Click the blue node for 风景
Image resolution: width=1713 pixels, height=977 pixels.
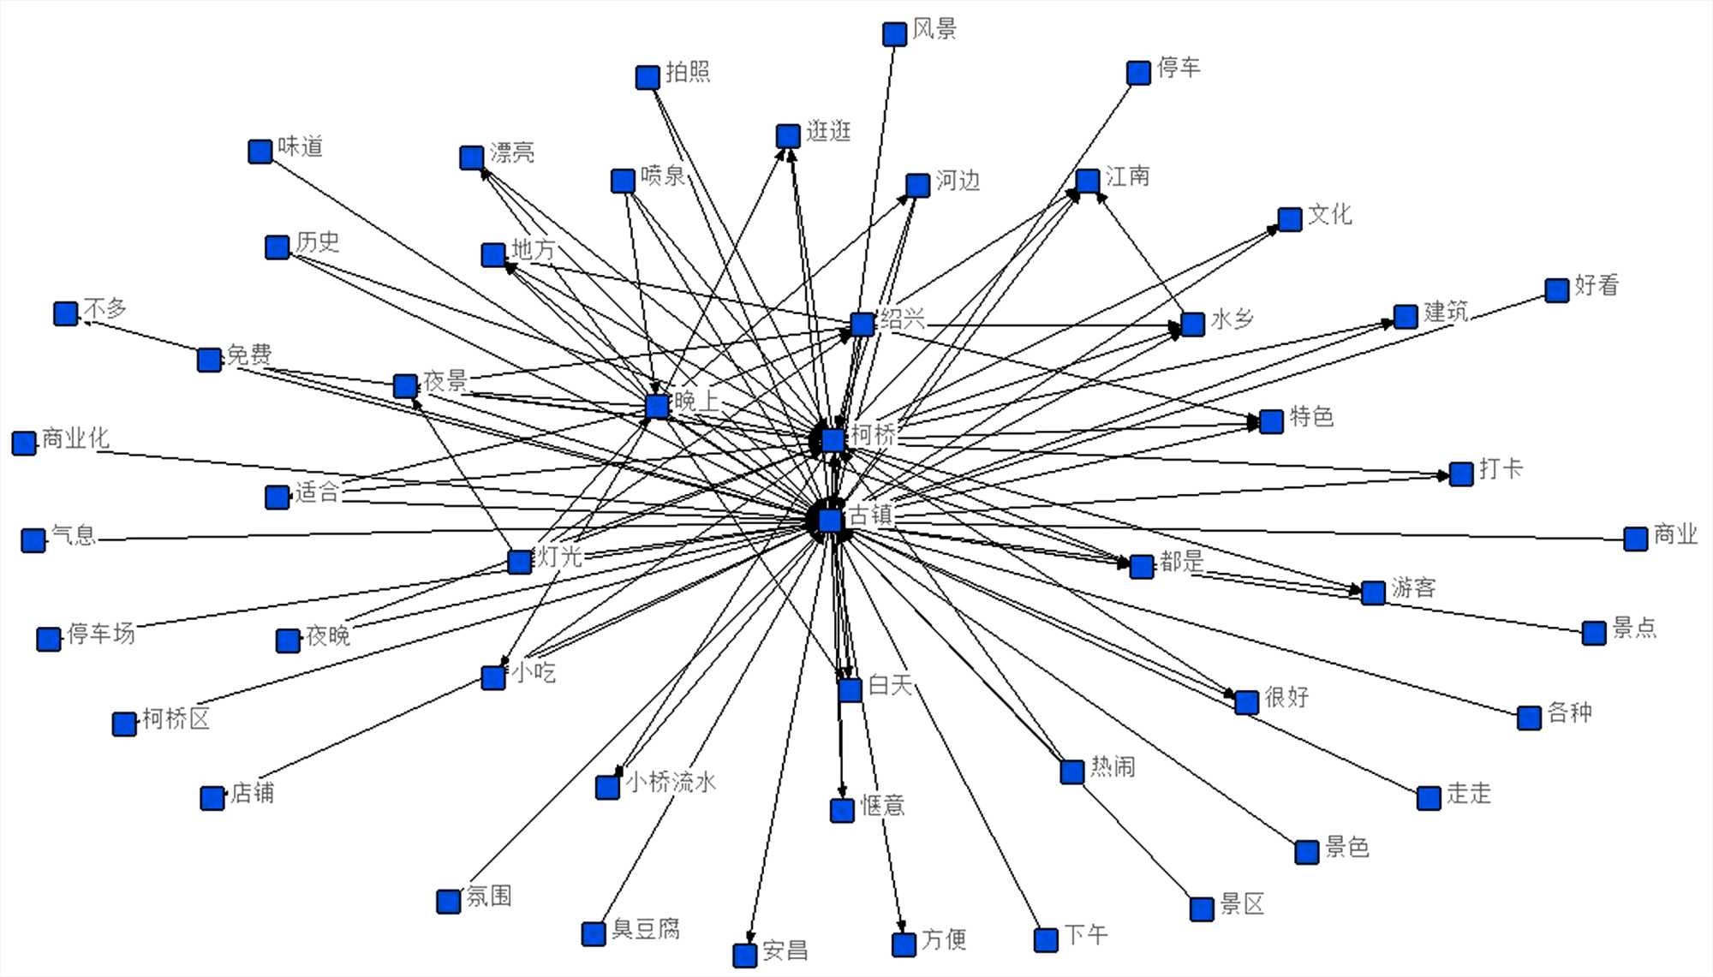(x=894, y=34)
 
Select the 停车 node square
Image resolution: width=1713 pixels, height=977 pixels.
(x=1138, y=73)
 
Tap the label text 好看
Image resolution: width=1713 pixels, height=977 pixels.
(x=1597, y=285)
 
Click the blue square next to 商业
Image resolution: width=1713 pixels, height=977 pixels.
(x=1636, y=539)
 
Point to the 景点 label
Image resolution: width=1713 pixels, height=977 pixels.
(x=1634, y=628)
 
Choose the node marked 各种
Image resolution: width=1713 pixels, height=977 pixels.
(x=1530, y=718)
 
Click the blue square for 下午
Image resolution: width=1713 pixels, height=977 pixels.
(x=1046, y=940)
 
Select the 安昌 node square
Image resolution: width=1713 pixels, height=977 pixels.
(x=745, y=955)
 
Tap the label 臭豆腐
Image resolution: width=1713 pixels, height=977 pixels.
(x=646, y=929)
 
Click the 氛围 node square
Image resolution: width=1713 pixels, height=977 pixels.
(x=449, y=901)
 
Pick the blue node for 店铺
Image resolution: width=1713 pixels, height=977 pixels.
(x=212, y=798)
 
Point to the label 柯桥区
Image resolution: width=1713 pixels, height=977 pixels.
(x=176, y=718)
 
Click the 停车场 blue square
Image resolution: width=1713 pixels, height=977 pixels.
(x=49, y=639)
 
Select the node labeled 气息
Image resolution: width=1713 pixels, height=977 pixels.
(x=33, y=540)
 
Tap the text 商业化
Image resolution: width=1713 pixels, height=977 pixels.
(x=75, y=438)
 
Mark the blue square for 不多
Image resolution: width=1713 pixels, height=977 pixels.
(x=66, y=313)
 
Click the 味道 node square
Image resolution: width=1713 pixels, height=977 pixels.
(x=260, y=152)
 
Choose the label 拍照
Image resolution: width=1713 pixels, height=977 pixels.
(x=688, y=72)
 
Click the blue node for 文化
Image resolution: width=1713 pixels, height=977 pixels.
(x=1290, y=219)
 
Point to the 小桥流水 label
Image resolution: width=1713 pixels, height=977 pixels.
(x=671, y=782)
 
